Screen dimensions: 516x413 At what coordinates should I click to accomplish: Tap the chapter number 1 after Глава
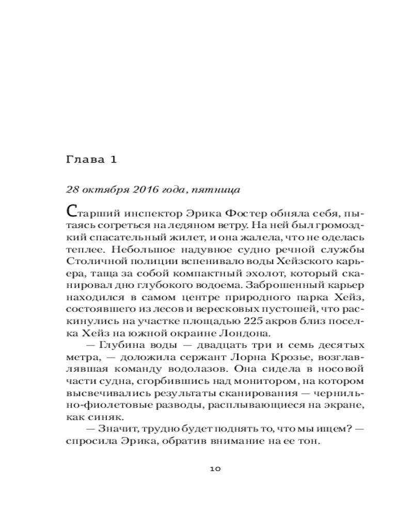115,159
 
